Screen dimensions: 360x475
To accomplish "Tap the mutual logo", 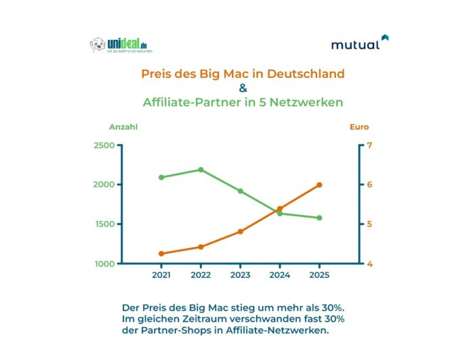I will [360, 43].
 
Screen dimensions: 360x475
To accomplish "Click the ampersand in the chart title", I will [243, 88].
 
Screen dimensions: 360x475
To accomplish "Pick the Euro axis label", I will [359, 127].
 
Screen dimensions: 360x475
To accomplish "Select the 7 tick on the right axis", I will [370, 146].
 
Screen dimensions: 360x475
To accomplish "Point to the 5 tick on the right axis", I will [370, 224].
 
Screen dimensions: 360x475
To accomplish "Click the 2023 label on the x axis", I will [241, 275].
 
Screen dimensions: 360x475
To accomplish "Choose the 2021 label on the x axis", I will [161, 275].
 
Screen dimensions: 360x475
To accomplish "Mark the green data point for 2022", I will [201, 169].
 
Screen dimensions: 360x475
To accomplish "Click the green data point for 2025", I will [320, 218].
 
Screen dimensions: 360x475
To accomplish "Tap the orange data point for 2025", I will [320, 184].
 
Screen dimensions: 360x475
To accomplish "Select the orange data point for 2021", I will [161, 254].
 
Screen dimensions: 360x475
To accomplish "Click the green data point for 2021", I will [161, 177].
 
